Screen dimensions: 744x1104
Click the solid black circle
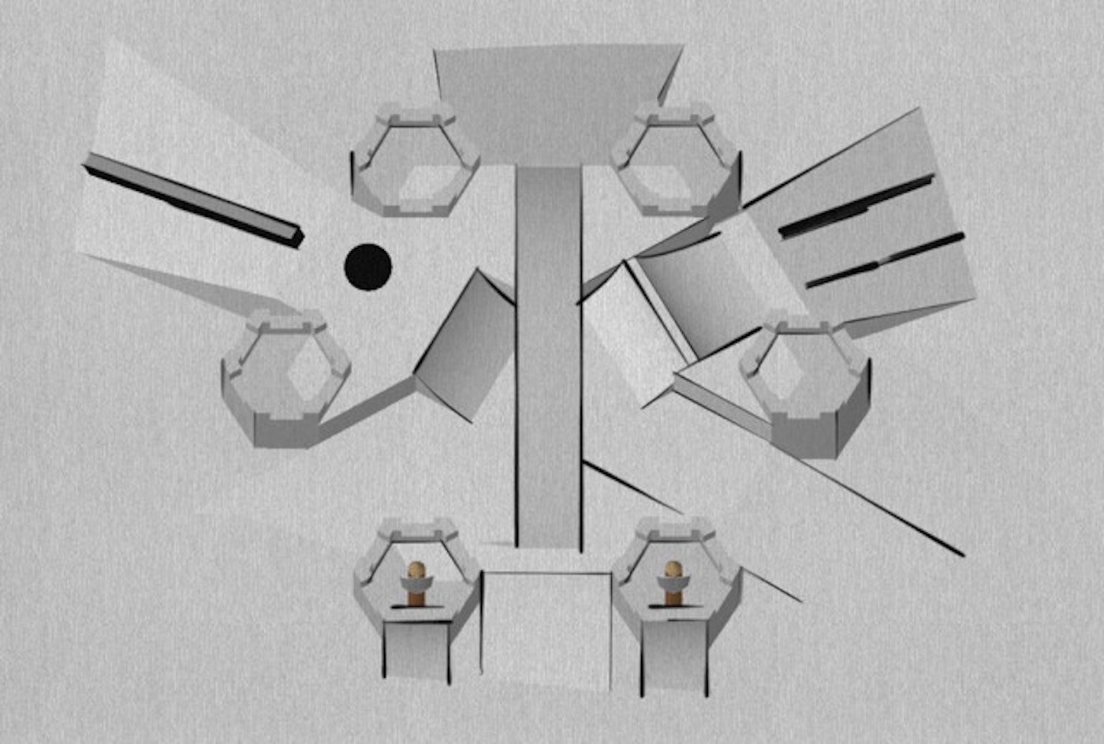coord(368,267)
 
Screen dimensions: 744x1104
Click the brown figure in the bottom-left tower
coord(416,582)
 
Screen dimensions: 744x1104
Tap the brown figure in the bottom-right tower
coord(673,582)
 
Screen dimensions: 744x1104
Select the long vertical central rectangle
coord(549,355)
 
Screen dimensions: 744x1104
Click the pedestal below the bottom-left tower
coord(416,651)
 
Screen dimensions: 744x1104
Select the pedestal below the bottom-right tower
coord(674,655)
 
